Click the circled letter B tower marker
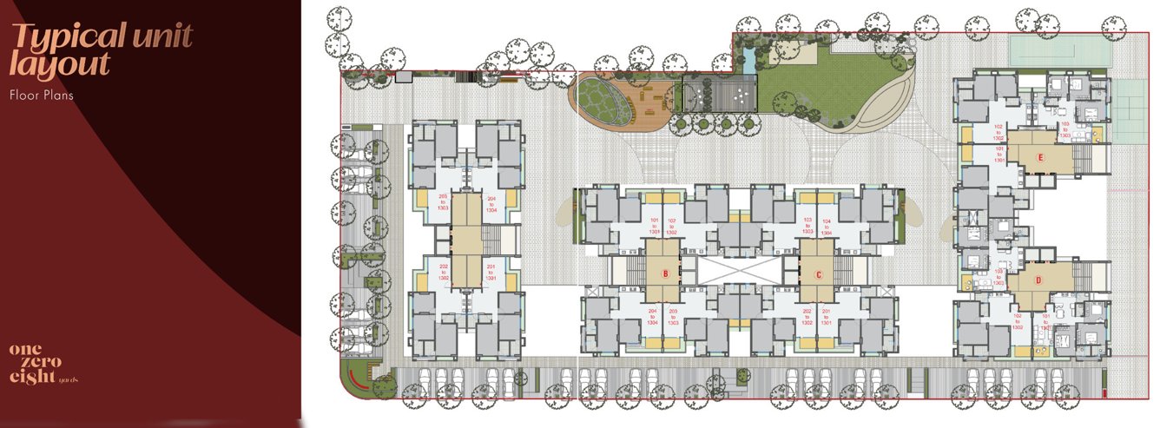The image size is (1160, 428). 665,273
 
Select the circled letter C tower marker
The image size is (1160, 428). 818,274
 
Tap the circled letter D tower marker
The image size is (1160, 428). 1037,280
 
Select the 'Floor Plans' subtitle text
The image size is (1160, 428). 41,95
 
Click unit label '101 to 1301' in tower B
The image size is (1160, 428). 654,227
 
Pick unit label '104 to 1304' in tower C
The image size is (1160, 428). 826,227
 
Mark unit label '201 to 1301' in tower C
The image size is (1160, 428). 826,316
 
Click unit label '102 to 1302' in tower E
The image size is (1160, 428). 998,131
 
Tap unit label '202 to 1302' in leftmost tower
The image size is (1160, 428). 444,271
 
